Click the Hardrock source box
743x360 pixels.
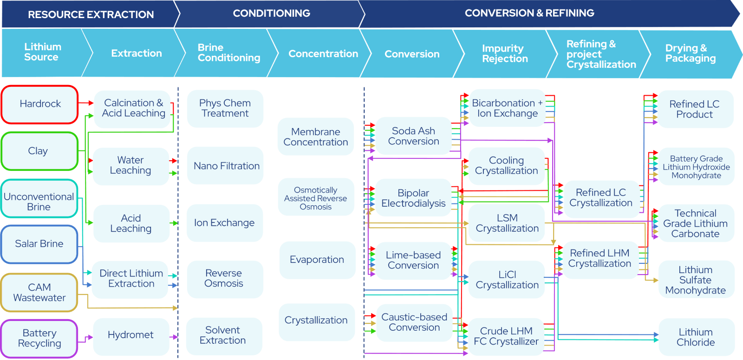pyautogui.click(x=40, y=104)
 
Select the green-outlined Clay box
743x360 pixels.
pyautogui.click(x=39, y=151)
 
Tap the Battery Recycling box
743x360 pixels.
pyautogui.click(x=39, y=338)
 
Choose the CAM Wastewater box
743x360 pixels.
pyautogui.click(x=39, y=293)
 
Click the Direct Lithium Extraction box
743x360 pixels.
pyautogui.click(x=130, y=279)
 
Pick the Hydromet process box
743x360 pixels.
pyautogui.click(x=130, y=335)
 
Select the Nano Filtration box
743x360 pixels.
pyautogui.click(x=226, y=166)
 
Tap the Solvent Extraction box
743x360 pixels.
pyautogui.click(x=223, y=335)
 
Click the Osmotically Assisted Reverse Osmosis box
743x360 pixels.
pyautogui.click(x=316, y=198)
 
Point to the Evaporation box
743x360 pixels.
pyautogui.click(x=317, y=260)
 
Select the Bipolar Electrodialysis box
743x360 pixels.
pyautogui.click(x=413, y=198)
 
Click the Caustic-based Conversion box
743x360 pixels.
pyautogui.click(x=414, y=322)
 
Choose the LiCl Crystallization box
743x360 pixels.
pyautogui.click(x=507, y=280)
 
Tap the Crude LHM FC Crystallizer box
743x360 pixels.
pyautogui.click(x=506, y=336)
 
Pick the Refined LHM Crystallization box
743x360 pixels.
pyautogui.click(x=600, y=259)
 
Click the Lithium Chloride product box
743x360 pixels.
pyautogui.click(x=696, y=337)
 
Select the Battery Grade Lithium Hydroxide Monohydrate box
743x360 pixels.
pyautogui.click(x=696, y=167)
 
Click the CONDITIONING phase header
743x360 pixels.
pyautogui.click(x=271, y=13)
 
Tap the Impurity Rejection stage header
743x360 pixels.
pyautogui.click(x=505, y=54)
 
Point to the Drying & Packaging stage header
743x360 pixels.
pyautogui.click(x=690, y=53)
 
